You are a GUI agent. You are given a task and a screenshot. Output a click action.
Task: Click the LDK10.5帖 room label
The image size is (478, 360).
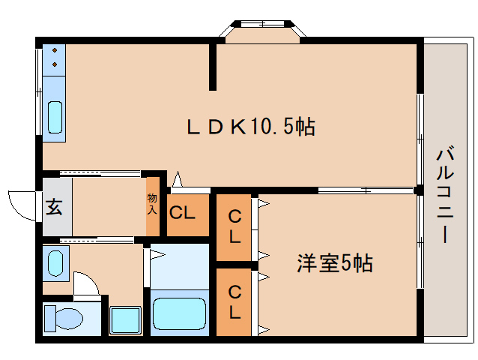coord(250,127)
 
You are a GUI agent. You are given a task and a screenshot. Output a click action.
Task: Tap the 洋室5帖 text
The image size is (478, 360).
coord(335,264)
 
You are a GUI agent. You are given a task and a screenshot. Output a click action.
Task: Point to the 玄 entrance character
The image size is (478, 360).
coord(55,205)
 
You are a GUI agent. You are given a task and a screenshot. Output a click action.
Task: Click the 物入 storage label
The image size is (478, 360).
coord(152,204)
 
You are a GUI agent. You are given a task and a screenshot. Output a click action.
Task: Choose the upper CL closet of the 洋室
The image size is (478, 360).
coord(235,227)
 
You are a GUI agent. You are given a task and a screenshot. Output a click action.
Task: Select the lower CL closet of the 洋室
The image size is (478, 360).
coord(235,301)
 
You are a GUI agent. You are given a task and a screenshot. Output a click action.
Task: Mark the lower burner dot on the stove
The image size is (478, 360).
coord(55,66)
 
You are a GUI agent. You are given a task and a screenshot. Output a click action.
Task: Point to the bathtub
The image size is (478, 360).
coord(179,314)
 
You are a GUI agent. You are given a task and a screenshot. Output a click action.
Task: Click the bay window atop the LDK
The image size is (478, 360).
coord(262,31)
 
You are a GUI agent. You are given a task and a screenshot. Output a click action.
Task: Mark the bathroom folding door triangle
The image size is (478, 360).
coord(157,253)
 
